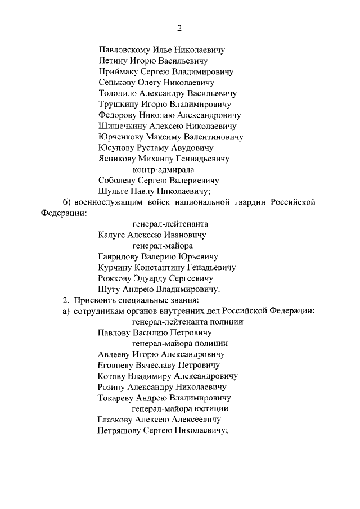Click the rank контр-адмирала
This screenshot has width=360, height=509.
click(x=163, y=169)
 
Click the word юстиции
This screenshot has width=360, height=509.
click(x=212, y=408)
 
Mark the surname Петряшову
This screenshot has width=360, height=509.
click(x=121, y=430)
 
